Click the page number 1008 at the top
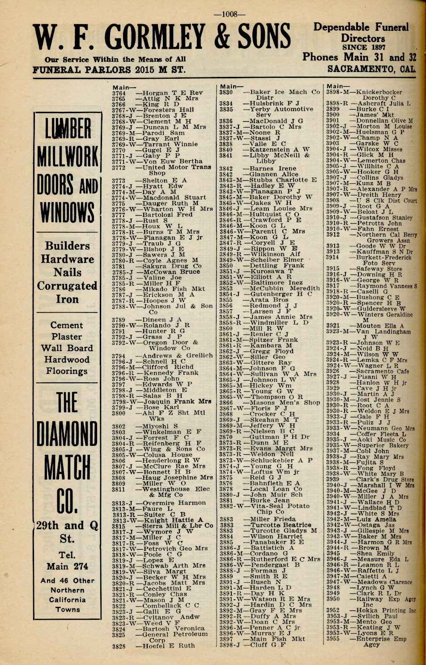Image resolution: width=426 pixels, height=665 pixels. pos(229,14)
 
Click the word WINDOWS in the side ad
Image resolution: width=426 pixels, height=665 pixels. pos(67,212)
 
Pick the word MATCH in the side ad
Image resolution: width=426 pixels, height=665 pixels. pos(67,468)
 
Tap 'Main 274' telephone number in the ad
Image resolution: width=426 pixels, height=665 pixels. pos(67,566)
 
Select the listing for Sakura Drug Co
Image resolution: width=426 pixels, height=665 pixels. pos(171,266)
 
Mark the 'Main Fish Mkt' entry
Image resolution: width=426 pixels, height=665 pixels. pos(277,639)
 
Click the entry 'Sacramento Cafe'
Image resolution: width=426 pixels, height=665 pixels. pos(382,371)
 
